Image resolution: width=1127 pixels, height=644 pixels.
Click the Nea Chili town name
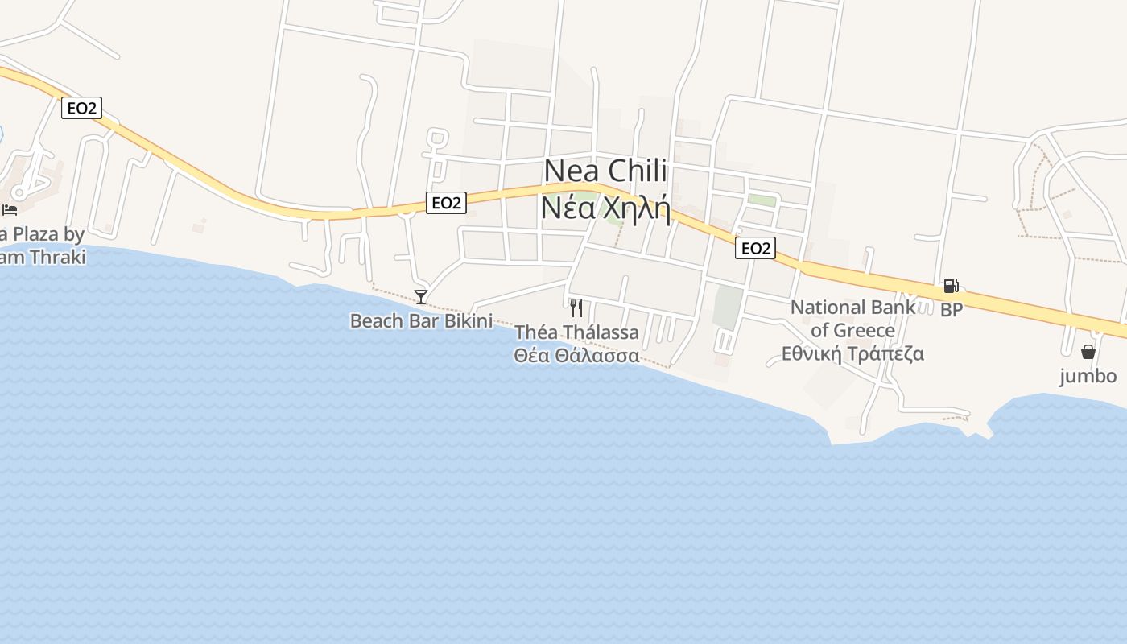tap(605, 171)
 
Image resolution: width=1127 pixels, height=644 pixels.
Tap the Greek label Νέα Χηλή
tap(605, 207)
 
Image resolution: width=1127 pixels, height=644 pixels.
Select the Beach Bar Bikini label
tap(420, 320)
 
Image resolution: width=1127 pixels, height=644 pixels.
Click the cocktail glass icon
tap(420, 297)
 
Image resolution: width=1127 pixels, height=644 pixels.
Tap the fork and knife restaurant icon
tap(576, 308)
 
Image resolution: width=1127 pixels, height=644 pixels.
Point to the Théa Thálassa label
tap(576, 332)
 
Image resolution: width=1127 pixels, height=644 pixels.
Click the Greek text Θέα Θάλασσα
tap(576, 355)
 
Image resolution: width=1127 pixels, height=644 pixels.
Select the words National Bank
tap(852, 307)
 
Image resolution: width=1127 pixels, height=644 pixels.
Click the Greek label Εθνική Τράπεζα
tap(852, 353)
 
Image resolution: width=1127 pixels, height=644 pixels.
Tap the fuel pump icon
tap(951, 286)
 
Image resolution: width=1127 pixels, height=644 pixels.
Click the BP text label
tap(952, 310)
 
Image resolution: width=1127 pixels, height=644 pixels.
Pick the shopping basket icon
tap(1088, 352)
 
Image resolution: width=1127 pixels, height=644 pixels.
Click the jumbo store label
tap(1088, 376)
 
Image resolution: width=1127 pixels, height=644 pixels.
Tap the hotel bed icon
tap(10, 209)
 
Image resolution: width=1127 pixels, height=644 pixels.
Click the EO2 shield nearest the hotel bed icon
tap(81, 108)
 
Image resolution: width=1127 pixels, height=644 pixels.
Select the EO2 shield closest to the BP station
tap(755, 248)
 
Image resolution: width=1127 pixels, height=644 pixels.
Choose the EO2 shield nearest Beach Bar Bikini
tap(446, 203)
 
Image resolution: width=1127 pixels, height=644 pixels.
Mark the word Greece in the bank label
tap(864, 330)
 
